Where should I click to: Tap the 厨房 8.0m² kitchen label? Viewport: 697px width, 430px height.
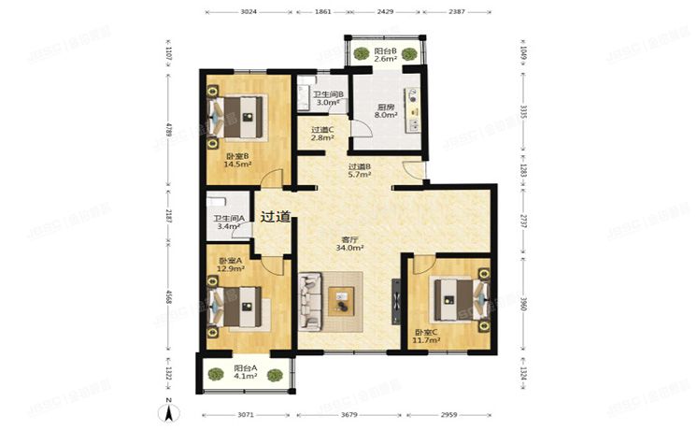point(386,112)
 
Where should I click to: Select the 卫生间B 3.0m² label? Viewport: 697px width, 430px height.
point(328,99)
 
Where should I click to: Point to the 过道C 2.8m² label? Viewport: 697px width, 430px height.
point(323,134)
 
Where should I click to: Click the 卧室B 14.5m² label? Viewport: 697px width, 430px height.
point(236,159)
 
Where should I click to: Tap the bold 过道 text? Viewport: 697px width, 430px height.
point(275,216)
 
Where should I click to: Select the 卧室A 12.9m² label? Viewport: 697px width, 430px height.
point(230,265)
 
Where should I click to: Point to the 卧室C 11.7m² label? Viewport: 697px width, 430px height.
point(426,337)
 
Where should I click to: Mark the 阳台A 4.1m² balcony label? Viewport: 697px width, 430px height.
point(248,373)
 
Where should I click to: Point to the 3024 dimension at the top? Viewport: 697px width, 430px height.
point(248,12)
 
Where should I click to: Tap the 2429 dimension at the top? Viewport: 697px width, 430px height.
point(386,12)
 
